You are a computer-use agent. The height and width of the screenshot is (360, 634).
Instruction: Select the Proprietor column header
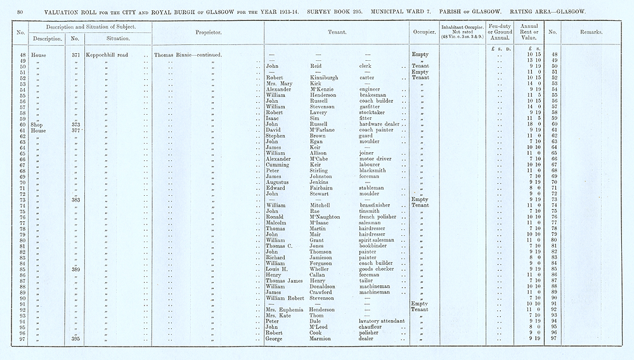click(x=208, y=32)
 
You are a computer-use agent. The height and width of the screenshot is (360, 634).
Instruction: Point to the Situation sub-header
click(x=118, y=39)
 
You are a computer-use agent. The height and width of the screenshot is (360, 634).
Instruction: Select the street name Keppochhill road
click(x=107, y=55)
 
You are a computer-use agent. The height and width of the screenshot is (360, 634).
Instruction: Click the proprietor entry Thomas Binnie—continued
click(x=186, y=55)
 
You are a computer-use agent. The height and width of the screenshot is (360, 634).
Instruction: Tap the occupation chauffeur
click(x=372, y=327)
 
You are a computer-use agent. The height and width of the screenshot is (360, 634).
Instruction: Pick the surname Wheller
click(x=323, y=269)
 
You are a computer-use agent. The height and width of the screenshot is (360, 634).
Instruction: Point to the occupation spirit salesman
click(x=378, y=240)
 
